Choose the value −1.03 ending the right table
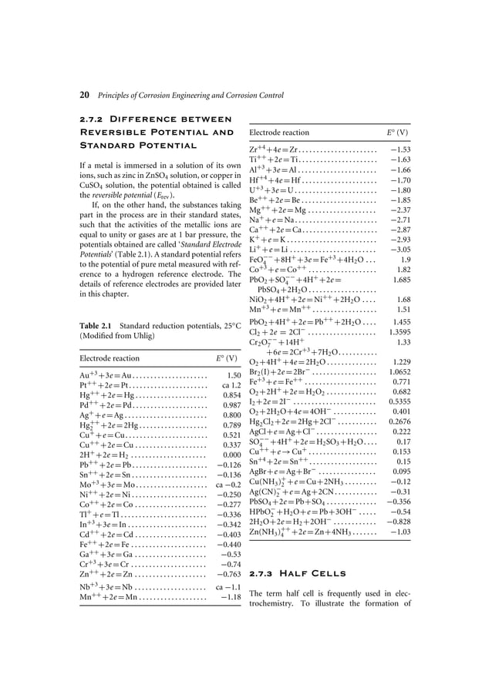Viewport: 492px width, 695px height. pyautogui.click(x=399, y=531)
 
